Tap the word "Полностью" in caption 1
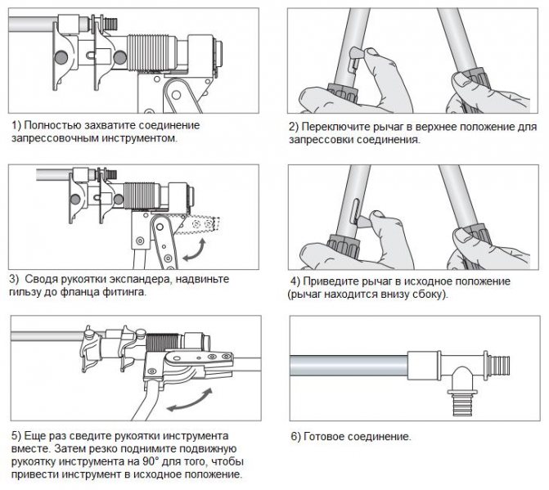pos(50,125)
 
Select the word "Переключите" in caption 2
pos(335,128)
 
